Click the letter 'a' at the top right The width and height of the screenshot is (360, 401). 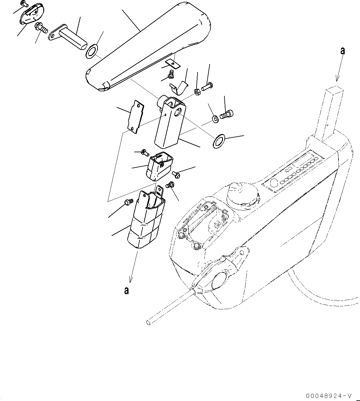point(343,51)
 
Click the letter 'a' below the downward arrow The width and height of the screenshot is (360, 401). point(126,290)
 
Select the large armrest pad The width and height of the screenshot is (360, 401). point(147,49)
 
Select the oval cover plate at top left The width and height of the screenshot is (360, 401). point(32,14)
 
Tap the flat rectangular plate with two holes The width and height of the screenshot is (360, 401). point(136,118)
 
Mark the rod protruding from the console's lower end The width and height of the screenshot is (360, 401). point(169,306)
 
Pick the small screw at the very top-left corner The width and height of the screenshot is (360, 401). point(24,4)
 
